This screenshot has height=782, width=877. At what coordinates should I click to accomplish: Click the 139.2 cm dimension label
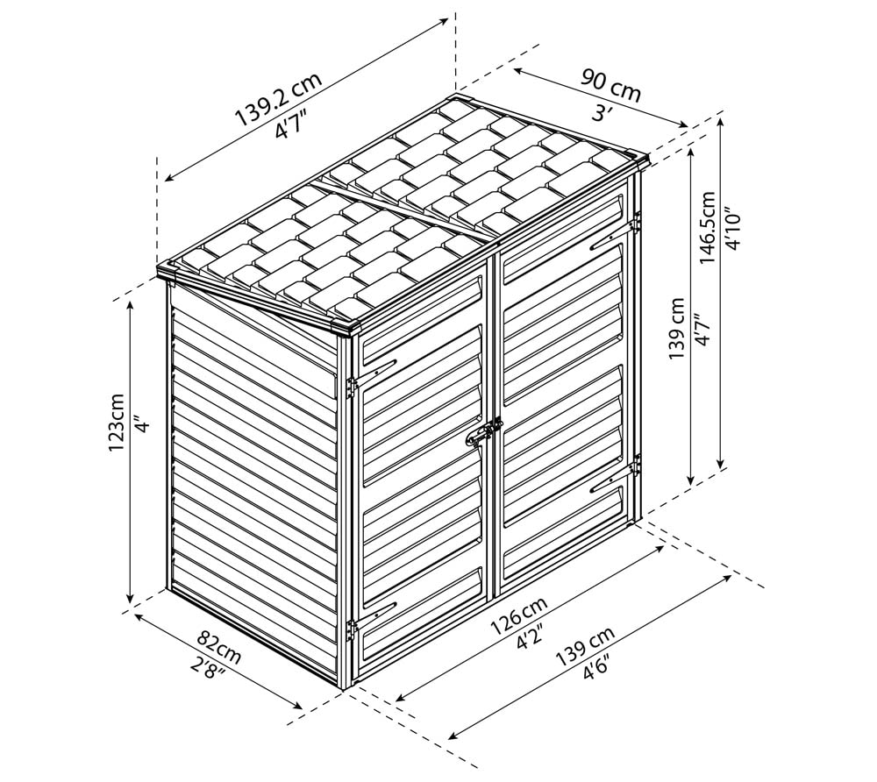coord(278,98)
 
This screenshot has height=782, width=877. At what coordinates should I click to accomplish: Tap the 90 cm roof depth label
coord(610,84)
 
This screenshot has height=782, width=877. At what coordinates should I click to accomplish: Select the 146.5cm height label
coord(708,228)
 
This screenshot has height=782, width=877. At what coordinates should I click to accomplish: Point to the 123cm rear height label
coord(117,423)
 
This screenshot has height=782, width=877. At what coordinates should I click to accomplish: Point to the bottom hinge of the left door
coord(352,630)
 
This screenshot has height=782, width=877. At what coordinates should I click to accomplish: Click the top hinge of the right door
coord(634,224)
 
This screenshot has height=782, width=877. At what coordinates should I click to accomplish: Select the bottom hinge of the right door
coord(634,465)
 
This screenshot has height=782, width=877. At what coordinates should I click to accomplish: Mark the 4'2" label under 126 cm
coord(531,637)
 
